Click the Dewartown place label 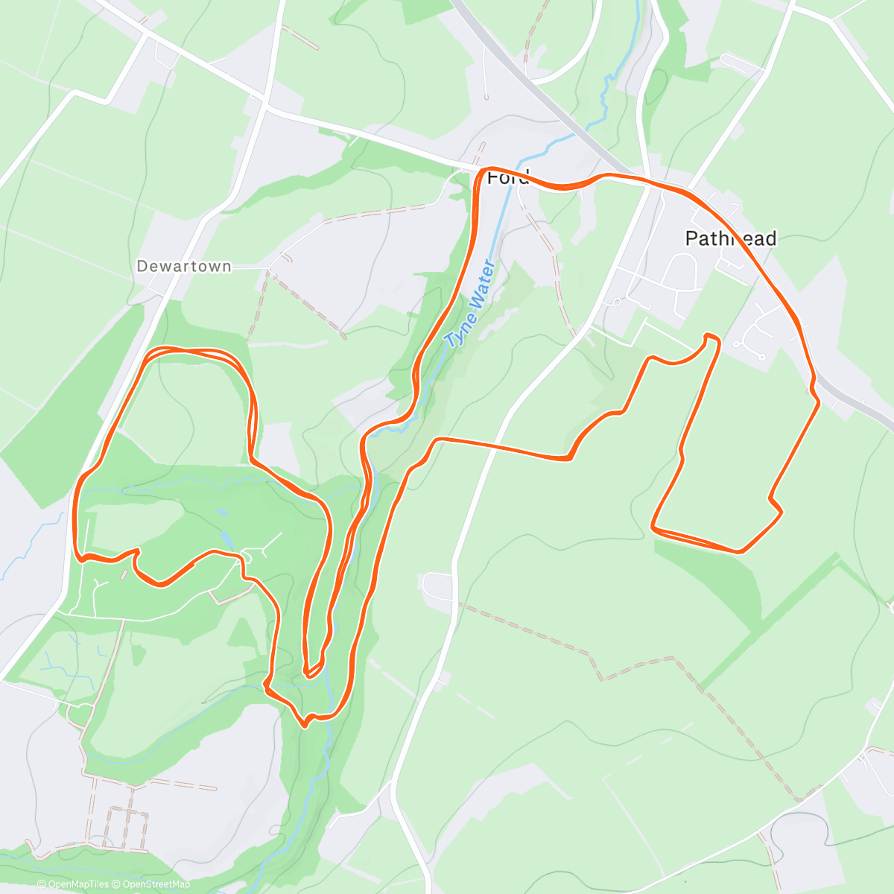point(184,266)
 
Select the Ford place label point(507,178)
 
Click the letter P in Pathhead point(690,238)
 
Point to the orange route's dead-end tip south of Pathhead point(711,337)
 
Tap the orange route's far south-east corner point(740,551)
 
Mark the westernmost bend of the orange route point(75,514)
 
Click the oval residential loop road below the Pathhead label point(681,272)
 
